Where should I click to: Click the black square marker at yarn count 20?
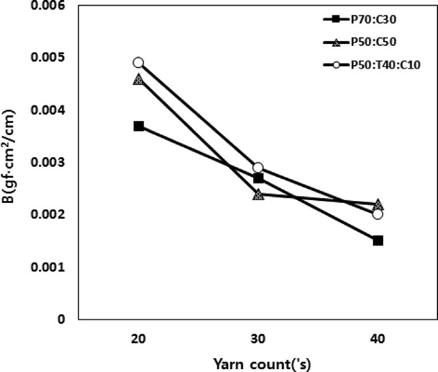click(x=139, y=126)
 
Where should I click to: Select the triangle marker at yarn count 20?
click(x=139, y=79)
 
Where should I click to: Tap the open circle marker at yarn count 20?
click(x=139, y=63)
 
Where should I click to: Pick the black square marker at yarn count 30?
click(x=258, y=178)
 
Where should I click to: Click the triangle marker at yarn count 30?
click(x=258, y=194)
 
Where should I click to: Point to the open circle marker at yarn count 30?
click(x=258, y=167)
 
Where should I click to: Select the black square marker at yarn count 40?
click(x=378, y=241)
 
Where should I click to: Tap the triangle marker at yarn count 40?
click(x=378, y=205)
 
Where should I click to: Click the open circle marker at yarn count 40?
click(x=378, y=214)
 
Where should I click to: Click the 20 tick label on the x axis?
click(x=139, y=339)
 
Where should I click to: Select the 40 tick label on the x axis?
click(x=378, y=339)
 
